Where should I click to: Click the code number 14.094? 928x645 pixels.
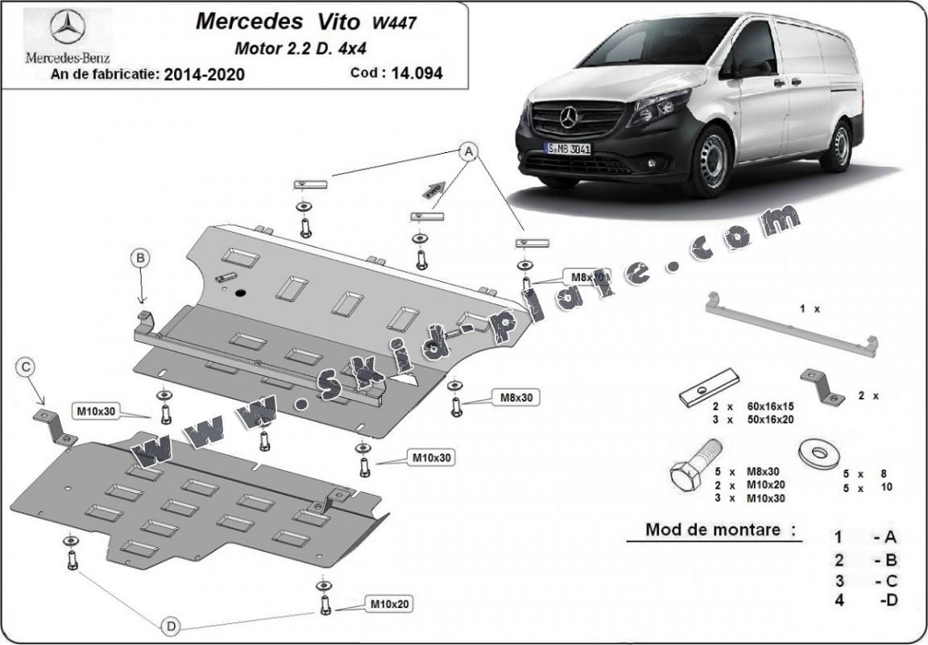click(417, 73)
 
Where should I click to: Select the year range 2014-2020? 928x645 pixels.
click(204, 75)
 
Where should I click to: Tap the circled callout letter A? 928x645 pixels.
click(469, 151)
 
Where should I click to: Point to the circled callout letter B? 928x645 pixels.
click(140, 258)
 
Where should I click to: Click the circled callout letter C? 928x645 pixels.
click(27, 368)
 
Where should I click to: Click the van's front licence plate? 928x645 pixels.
click(568, 148)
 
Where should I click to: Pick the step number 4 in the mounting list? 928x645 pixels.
click(839, 600)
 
